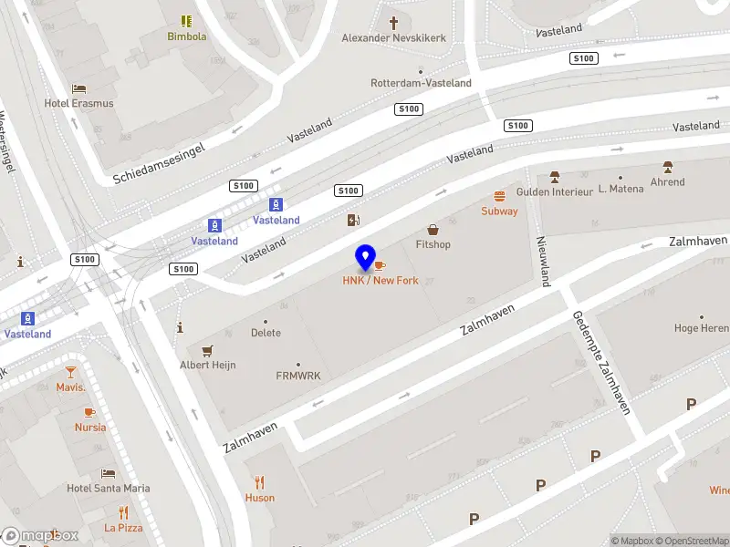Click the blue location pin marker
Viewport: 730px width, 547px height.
tap(366, 257)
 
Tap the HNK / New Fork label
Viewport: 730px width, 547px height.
tap(381, 280)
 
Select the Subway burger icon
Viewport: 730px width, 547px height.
tap(499, 196)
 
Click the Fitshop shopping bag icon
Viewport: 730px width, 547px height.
tap(433, 230)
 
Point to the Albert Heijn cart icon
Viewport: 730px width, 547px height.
tap(207, 350)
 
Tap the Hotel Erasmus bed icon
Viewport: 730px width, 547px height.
tap(79, 88)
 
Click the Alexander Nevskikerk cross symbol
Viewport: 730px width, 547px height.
tap(394, 23)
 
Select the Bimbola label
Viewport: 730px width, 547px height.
tap(186, 36)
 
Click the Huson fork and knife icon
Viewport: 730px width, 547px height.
tap(260, 483)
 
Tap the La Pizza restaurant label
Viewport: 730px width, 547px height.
tap(123, 528)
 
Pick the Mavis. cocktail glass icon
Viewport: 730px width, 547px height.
tap(70, 372)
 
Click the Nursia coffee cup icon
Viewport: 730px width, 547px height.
tap(89, 412)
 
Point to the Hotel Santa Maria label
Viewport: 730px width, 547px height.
tap(109, 488)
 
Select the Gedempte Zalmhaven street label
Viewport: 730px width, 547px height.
tap(601, 363)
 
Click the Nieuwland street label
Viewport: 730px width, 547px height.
tap(543, 261)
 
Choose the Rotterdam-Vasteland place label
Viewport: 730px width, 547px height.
tap(421, 83)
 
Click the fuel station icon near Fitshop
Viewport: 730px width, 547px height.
tap(353, 220)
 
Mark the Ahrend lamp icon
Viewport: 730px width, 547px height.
tap(668, 167)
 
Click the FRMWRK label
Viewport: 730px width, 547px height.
tap(298, 375)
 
